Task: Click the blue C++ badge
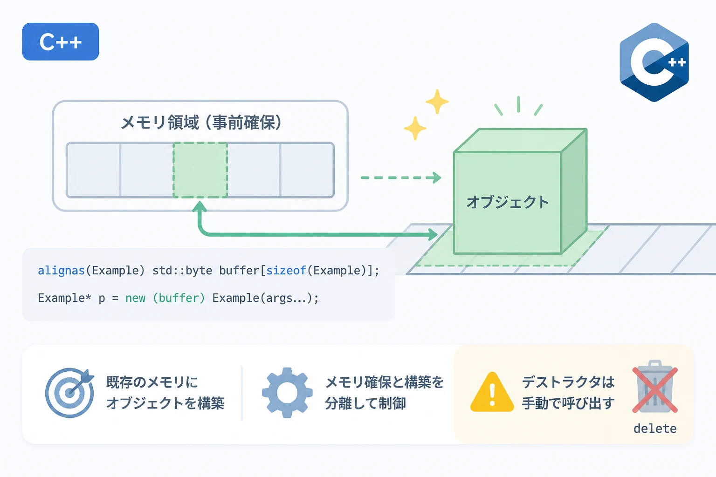point(61,41)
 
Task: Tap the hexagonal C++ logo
point(654,62)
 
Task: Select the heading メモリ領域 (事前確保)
point(201,123)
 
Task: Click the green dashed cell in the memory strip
point(200,170)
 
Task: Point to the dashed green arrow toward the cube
point(401,177)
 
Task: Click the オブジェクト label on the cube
point(508,202)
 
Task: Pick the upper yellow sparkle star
point(437,102)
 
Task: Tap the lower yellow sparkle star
point(415,128)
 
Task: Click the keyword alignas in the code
point(61,271)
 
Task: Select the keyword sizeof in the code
point(286,271)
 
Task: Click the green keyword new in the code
point(135,298)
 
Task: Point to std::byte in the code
point(182,271)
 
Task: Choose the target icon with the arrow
point(69,393)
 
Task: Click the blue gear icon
point(287,393)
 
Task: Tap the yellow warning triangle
point(492,392)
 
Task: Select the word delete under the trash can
point(655,429)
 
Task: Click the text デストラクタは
point(568,382)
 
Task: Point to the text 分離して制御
point(365,403)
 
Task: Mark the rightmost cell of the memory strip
point(307,170)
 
